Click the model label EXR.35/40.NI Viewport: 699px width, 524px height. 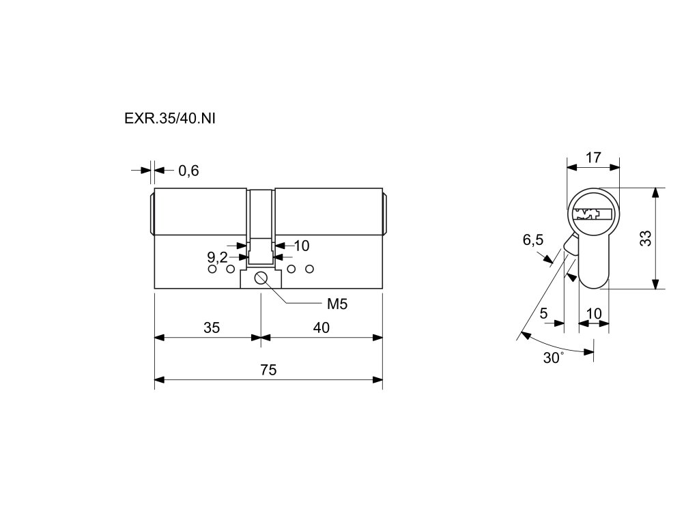(x=170, y=117)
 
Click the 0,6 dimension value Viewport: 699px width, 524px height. (x=188, y=171)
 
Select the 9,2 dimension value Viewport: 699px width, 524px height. (x=217, y=257)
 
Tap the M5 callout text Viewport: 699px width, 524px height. (x=337, y=304)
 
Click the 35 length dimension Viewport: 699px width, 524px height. (x=212, y=328)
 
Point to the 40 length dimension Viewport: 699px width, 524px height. (x=322, y=328)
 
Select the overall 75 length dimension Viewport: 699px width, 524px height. (x=268, y=370)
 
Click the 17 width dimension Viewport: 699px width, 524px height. (x=593, y=158)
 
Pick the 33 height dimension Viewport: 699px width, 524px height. (x=646, y=238)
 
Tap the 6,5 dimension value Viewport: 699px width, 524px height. (x=533, y=239)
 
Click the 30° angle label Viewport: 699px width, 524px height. (x=554, y=358)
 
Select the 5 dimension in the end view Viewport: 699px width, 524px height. (x=543, y=314)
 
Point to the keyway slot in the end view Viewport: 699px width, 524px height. (x=592, y=214)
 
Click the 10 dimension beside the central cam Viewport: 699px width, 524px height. (x=301, y=246)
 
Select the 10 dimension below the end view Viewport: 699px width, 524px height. (x=594, y=314)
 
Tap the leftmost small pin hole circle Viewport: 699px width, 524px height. (x=212, y=270)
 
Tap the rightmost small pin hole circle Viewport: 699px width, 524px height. (x=309, y=270)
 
